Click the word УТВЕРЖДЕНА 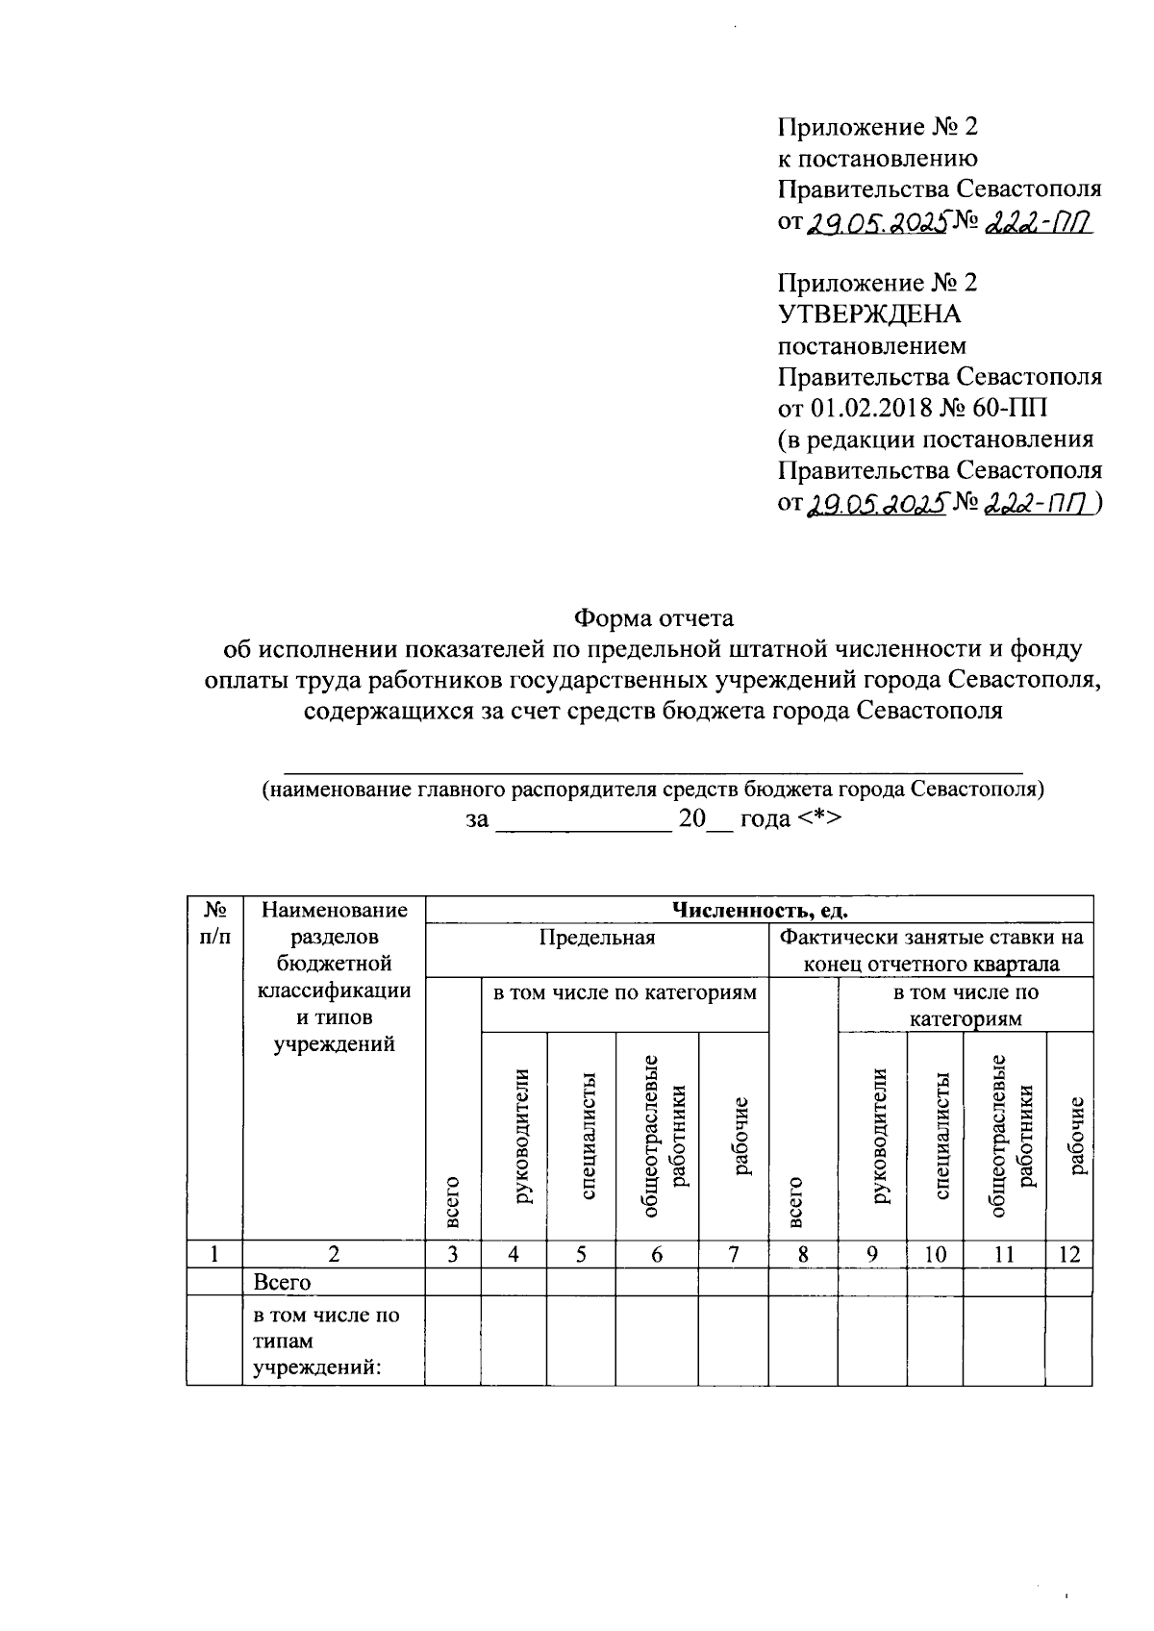(868, 314)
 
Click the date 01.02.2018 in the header (872, 408)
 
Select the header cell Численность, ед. (759, 910)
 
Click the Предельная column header (596, 938)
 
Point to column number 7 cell (733, 1254)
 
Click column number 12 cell (1068, 1254)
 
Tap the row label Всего (282, 1282)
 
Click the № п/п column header (214, 922)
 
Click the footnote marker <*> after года (820, 819)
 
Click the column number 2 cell (334, 1254)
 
